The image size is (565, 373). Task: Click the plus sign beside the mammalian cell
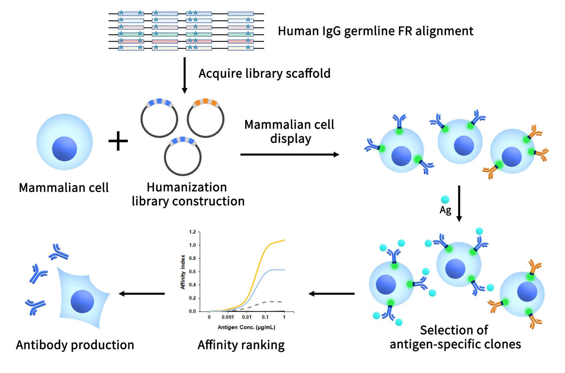click(x=118, y=141)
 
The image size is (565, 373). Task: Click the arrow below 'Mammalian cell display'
click(x=290, y=155)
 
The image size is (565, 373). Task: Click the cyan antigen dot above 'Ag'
click(x=445, y=199)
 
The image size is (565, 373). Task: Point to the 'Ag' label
click(x=445, y=210)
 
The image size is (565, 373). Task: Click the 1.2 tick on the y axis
click(x=193, y=232)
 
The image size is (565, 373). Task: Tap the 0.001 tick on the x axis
click(x=228, y=317)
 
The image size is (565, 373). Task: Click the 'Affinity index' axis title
click(x=183, y=272)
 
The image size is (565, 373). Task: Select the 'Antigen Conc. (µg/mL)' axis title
click(x=246, y=327)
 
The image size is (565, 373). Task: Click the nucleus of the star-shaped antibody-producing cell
click(x=82, y=301)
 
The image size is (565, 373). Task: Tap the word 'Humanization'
click(x=187, y=187)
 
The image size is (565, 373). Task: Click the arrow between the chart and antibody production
click(x=142, y=294)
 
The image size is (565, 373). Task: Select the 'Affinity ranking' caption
click(x=241, y=345)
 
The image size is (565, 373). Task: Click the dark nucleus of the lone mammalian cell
click(x=64, y=149)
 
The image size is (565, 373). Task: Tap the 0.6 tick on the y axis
click(x=193, y=271)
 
